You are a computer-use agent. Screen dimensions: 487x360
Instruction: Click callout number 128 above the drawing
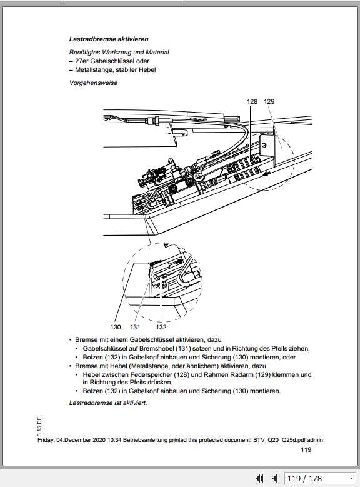pyautogui.click(x=252, y=101)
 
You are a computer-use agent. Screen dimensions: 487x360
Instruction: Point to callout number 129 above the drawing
pyautogui.click(x=269, y=101)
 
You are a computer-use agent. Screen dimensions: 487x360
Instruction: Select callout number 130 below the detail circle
pyautogui.click(x=115, y=327)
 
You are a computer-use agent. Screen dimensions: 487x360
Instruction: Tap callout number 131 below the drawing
pyautogui.click(x=136, y=327)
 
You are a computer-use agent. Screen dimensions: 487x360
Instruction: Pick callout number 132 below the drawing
pyautogui.click(x=161, y=327)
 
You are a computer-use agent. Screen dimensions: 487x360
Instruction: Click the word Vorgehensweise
pyautogui.click(x=93, y=83)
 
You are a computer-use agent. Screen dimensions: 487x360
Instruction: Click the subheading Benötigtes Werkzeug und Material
pyautogui.click(x=119, y=53)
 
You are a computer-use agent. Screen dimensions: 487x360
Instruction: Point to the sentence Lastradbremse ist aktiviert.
pyautogui.click(x=107, y=403)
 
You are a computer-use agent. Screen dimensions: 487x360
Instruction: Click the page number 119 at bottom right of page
pyautogui.click(x=306, y=449)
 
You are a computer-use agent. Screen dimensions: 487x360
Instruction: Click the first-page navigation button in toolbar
pyautogui.click(x=260, y=478)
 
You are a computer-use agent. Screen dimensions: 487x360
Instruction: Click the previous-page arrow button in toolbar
pyautogui.click(x=274, y=478)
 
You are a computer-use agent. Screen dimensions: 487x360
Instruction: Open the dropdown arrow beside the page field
pyautogui.click(x=351, y=478)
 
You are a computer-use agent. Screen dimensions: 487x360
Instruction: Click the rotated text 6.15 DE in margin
pyautogui.click(x=39, y=426)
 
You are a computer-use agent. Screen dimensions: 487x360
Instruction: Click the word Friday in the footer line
pyautogui.click(x=48, y=440)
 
